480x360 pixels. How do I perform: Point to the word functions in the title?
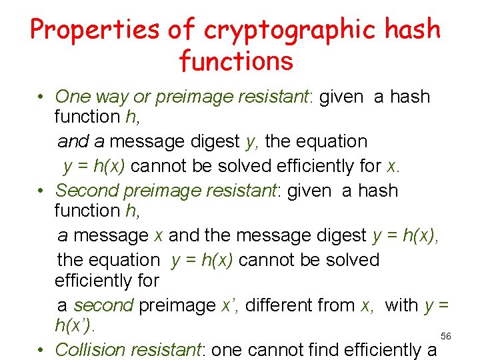(236, 61)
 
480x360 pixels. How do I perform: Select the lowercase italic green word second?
(103, 305)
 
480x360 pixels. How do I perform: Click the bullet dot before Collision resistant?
(41, 350)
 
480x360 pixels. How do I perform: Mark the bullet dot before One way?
(41, 97)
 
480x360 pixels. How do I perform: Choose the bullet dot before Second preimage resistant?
(41, 191)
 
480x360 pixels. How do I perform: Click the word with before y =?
(402, 305)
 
